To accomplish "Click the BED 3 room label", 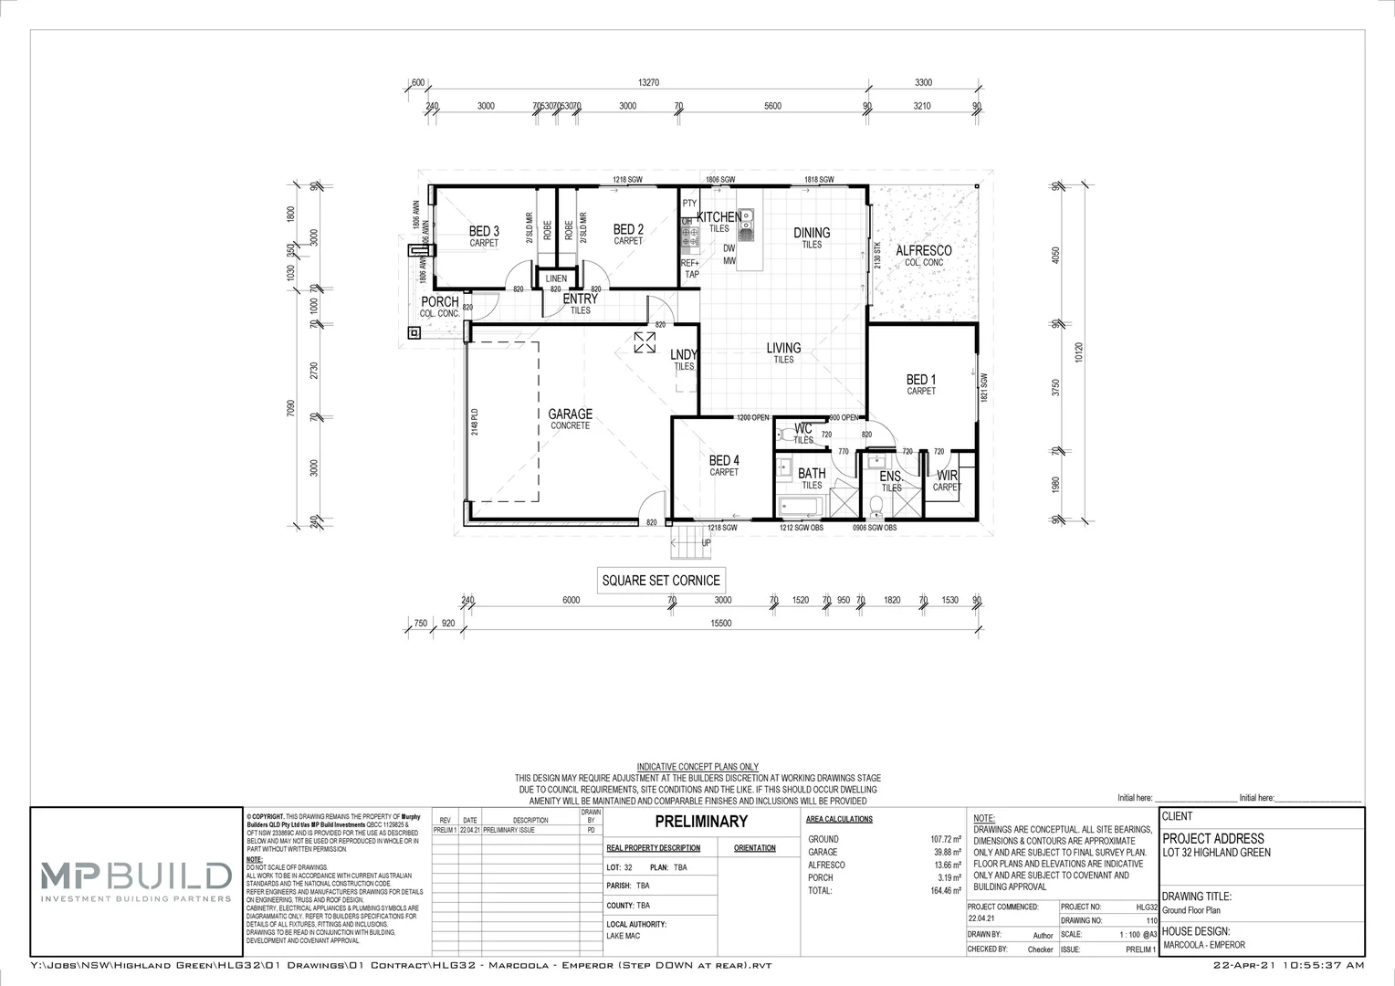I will (484, 231).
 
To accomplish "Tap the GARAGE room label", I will (570, 414).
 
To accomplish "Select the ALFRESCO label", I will (923, 251).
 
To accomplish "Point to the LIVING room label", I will (783, 348).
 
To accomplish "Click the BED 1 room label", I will (921, 380).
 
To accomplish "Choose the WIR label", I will (947, 476).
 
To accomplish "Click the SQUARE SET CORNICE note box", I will (661, 580).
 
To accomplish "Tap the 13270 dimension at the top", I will (648, 83).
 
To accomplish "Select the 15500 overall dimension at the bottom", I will (721, 624).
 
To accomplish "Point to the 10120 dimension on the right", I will (1079, 353).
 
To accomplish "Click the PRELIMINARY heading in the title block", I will (701, 822).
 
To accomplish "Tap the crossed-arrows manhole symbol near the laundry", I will (645, 342).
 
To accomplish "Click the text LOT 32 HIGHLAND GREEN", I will (1216, 853).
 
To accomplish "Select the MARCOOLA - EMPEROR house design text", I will (1203, 945).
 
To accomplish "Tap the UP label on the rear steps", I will (706, 543).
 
